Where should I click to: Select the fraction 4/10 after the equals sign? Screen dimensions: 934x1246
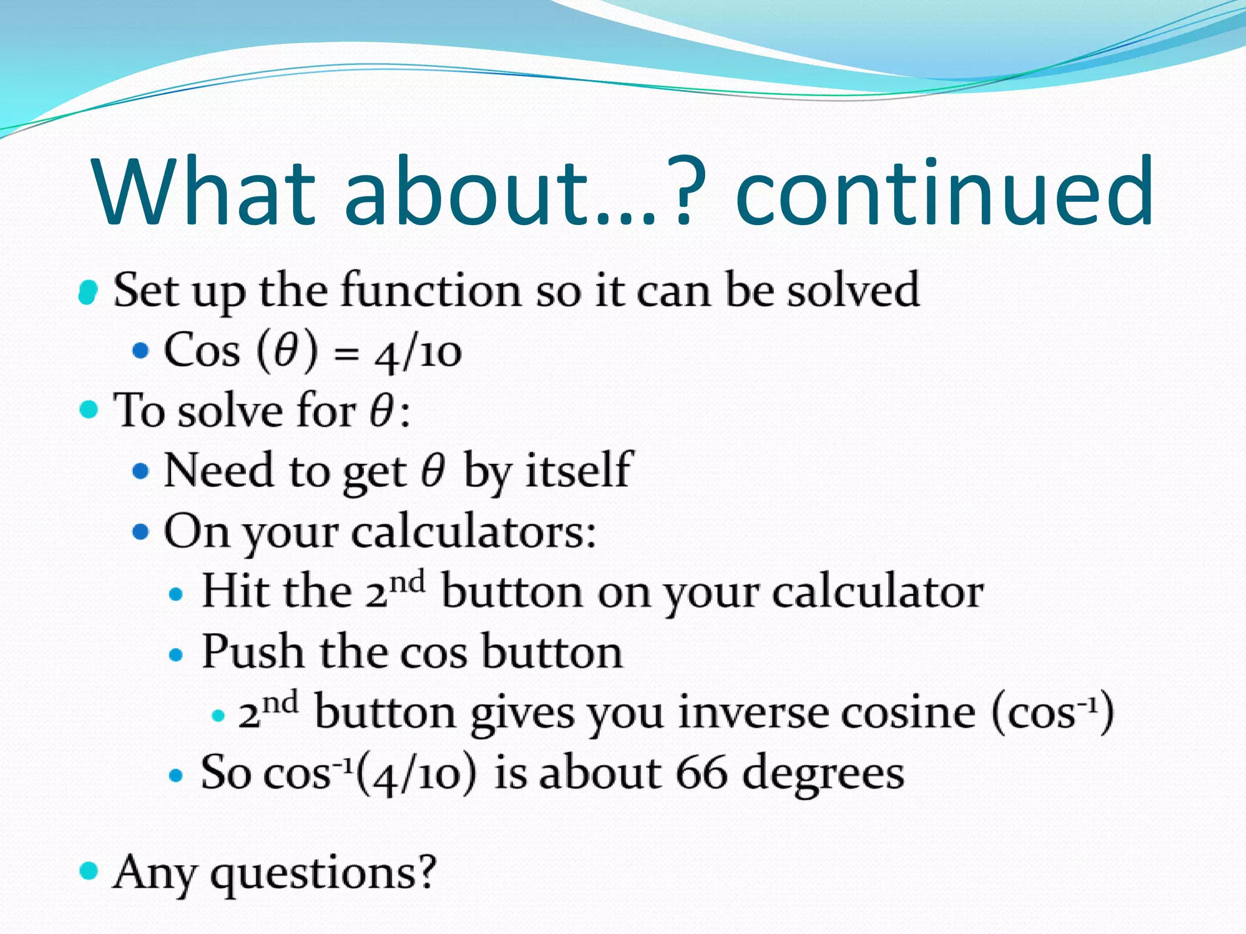tap(419, 353)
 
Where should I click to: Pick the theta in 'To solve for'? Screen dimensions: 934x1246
tap(382, 411)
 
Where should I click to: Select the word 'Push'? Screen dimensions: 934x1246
tap(252, 651)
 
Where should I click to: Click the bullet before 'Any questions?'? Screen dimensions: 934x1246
tap(89, 870)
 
